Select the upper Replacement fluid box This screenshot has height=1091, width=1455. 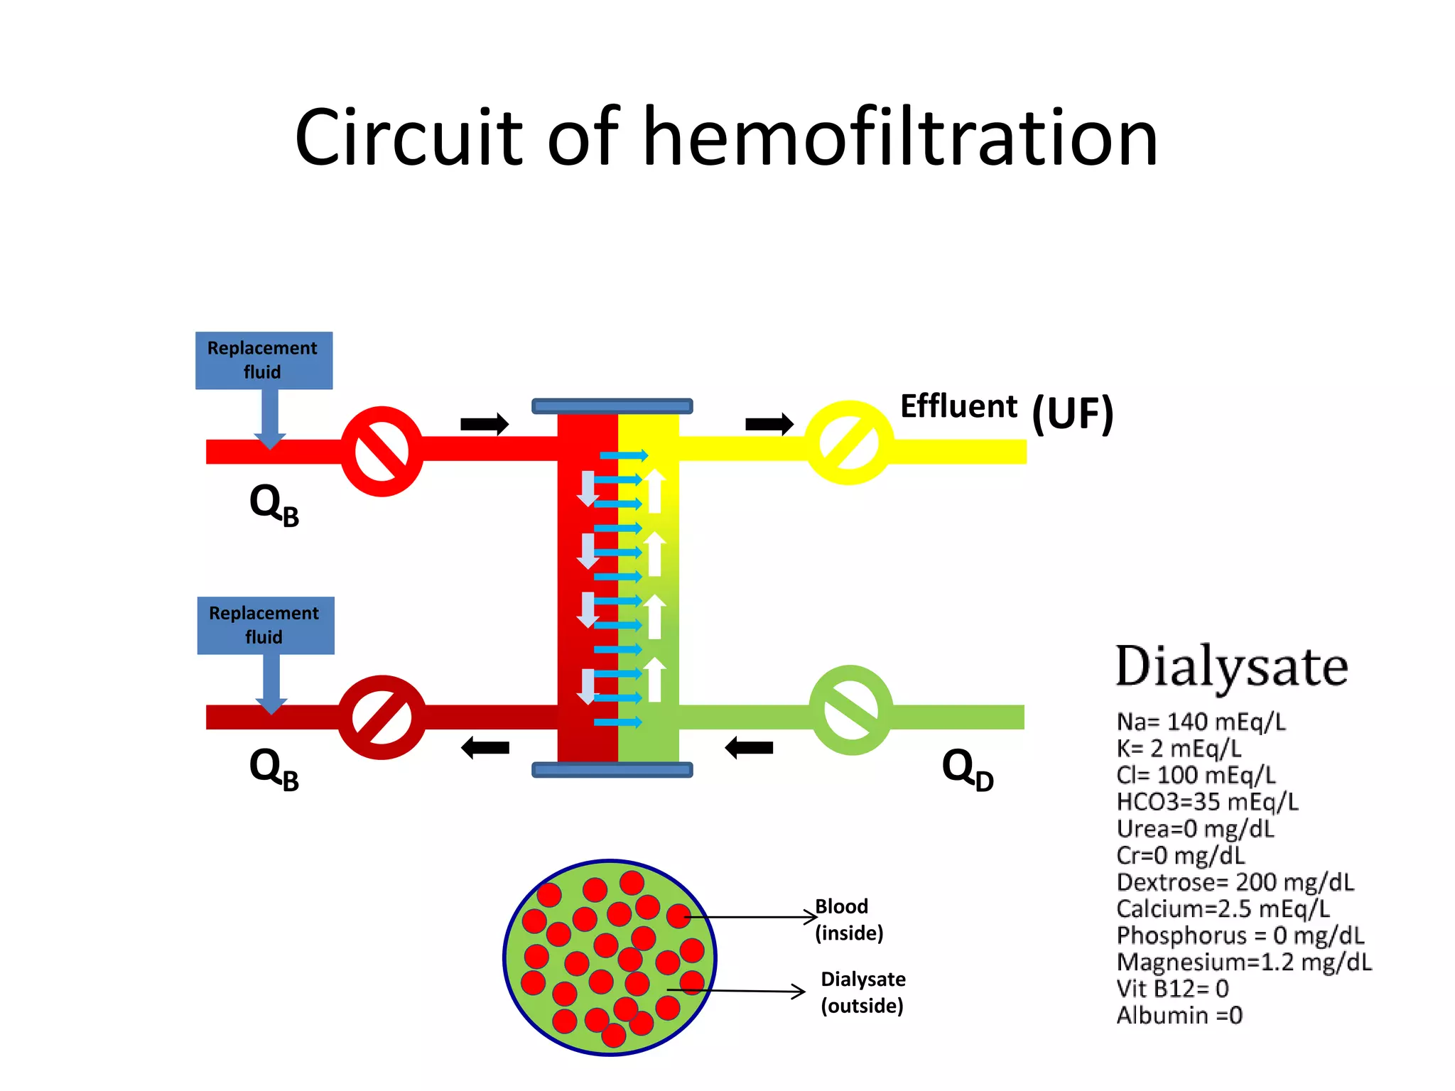click(264, 360)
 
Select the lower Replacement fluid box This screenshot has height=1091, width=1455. click(265, 625)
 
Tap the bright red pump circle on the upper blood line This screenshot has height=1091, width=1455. click(382, 451)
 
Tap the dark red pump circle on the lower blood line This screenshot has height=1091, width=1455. click(382, 717)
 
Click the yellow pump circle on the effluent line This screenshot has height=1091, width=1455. click(849, 443)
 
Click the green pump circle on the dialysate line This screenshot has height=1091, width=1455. click(850, 710)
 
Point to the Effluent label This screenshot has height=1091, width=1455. click(958, 406)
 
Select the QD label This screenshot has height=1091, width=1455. click(967, 769)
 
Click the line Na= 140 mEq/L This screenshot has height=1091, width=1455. click(1201, 722)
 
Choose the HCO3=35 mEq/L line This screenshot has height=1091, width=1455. click(1207, 802)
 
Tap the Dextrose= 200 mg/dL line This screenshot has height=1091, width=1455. click(1235, 882)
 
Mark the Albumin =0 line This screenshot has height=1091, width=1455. click(1179, 1016)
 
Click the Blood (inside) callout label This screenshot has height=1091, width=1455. click(849, 919)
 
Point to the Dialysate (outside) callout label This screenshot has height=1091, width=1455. click(862, 992)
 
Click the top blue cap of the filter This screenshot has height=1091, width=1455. click(612, 406)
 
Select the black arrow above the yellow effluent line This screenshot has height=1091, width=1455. click(769, 424)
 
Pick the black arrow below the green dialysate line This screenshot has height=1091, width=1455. click(749, 747)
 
